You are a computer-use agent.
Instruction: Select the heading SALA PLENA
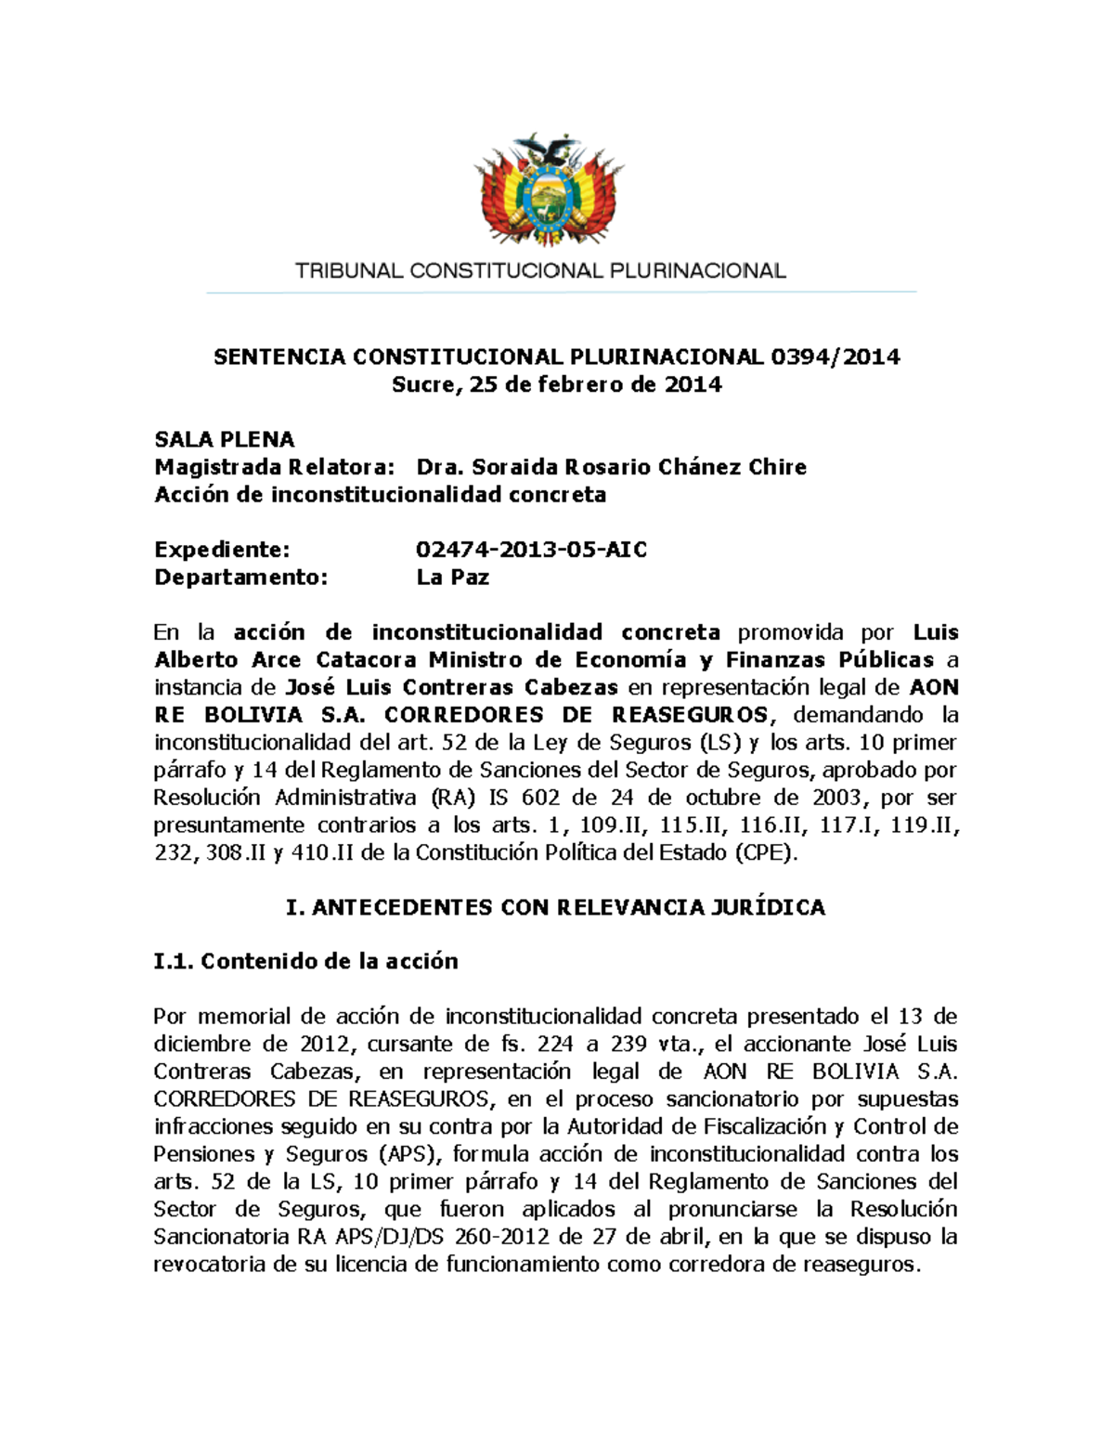point(224,439)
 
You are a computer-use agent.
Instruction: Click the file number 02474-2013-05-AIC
point(531,550)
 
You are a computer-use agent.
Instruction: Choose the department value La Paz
point(452,578)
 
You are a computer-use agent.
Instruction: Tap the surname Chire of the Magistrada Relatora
point(777,467)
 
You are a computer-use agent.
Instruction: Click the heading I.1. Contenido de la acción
point(305,961)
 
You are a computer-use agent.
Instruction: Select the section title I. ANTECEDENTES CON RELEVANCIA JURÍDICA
point(555,907)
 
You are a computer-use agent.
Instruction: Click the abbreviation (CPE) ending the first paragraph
point(765,852)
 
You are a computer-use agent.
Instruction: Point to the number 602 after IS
point(540,798)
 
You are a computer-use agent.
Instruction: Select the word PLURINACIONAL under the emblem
point(697,271)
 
